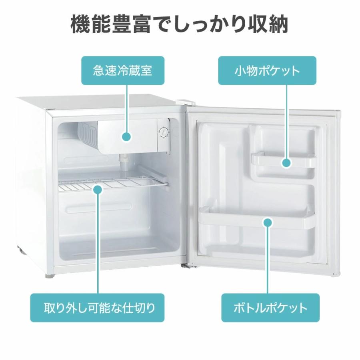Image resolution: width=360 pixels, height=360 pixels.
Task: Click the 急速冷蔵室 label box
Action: (x=123, y=70)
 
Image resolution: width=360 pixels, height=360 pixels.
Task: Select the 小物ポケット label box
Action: (x=267, y=70)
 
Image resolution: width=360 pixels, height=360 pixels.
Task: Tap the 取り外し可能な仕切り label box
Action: (x=97, y=308)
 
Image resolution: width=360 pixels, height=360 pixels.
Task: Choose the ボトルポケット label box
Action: (x=270, y=308)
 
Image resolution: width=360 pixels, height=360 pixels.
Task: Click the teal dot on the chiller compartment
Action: (x=126, y=137)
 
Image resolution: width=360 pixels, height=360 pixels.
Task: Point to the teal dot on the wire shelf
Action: (x=98, y=190)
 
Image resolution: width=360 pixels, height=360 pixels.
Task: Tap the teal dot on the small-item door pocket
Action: (x=286, y=163)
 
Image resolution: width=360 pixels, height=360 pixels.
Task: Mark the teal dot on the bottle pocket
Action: (x=268, y=222)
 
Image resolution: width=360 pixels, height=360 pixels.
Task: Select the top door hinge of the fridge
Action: (x=186, y=102)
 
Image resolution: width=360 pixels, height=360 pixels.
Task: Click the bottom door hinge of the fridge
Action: (x=187, y=266)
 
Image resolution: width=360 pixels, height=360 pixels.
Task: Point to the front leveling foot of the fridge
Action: (x=49, y=275)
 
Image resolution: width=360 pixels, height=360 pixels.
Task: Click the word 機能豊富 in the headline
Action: (x=111, y=24)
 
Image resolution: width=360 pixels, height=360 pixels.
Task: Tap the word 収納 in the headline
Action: (x=268, y=24)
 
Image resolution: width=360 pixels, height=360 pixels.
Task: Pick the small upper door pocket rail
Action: (x=283, y=161)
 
